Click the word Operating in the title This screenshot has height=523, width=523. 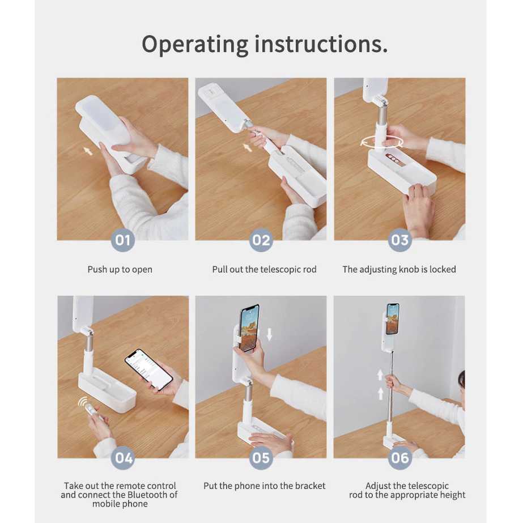(x=195, y=45)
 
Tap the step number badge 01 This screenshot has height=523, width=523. (x=123, y=240)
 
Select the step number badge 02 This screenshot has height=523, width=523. (x=261, y=240)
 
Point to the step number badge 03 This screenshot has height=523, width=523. (x=399, y=240)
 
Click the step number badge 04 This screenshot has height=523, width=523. (x=123, y=458)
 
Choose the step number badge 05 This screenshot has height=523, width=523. (x=261, y=458)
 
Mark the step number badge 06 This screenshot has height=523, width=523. (x=399, y=458)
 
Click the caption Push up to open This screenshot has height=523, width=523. (x=120, y=270)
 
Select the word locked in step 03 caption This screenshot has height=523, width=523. (x=443, y=269)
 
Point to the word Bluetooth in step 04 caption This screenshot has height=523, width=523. (x=148, y=495)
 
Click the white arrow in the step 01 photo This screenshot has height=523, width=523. (x=88, y=151)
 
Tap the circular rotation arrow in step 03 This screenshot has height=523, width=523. (x=381, y=142)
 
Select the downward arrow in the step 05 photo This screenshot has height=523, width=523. (x=270, y=334)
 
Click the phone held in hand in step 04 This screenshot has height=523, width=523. (x=149, y=369)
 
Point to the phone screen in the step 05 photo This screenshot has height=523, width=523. (x=249, y=328)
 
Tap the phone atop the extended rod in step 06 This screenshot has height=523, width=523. (x=393, y=318)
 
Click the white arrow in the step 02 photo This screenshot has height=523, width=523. (x=247, y=147)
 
